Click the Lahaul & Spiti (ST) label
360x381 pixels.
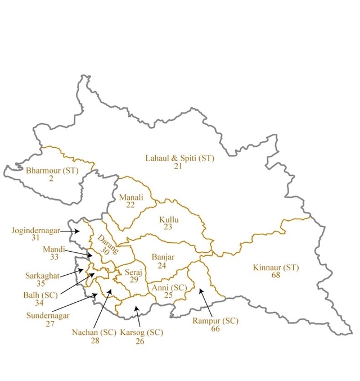pyautogui.click(x=180, y=158)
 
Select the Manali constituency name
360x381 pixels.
pyautogui.click(x=131, y=197)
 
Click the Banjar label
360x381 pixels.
pyautogui.click(x=163, y=257)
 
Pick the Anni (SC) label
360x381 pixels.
pyautogui.click(x=169, y=288)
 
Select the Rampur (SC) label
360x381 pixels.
pyautogui.click(x=215, y=321)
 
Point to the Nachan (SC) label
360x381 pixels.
pyautogui.click(x=93, y=332)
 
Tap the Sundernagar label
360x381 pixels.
pyautogui.click(x=48, y=315)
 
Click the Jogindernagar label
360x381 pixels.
pyautogui.click(x=35, y=230)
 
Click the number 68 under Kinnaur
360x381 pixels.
pyautogui.click(x=276, y=275)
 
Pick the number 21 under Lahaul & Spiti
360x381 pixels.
pyautogui.click(x=178, y=166)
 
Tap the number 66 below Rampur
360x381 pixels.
pyautogui.click(x=215, y=329)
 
